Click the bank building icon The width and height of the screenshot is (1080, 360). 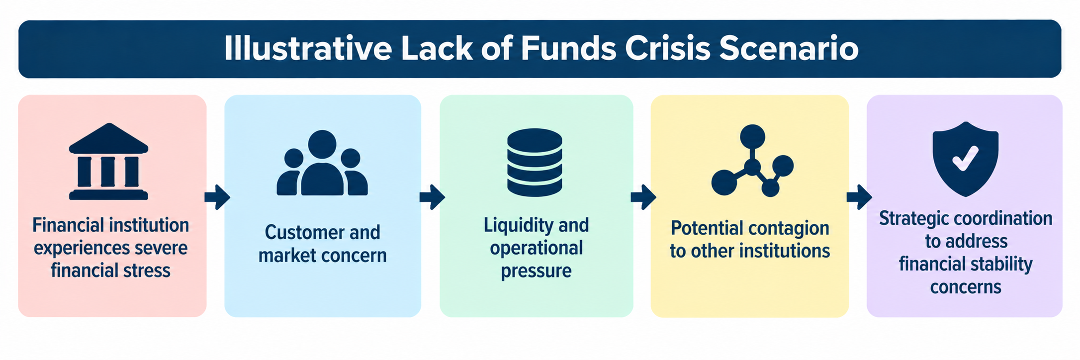108,161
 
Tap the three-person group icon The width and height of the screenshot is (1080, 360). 322,163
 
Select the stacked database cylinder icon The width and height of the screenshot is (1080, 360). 535,162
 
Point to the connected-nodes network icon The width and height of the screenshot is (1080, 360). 752,160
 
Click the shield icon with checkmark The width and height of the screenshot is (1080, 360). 965,159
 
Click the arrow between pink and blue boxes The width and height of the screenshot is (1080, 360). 217,197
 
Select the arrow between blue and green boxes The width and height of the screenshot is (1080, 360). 432,197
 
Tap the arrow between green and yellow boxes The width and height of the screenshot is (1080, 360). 643,197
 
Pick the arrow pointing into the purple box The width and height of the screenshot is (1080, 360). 859,197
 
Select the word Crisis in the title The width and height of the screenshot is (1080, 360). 668,49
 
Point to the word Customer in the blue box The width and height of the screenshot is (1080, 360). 302,232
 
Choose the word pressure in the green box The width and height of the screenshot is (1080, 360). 536,271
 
